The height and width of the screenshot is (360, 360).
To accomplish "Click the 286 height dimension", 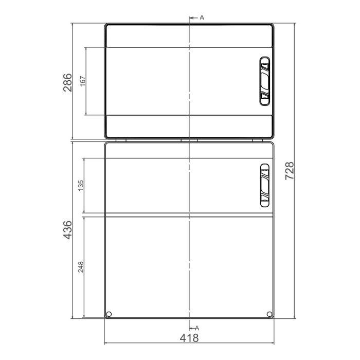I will coord(67,81).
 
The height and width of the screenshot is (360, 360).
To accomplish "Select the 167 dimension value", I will coord(83,81).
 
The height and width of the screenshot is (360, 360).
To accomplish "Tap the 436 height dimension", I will coord(67,229).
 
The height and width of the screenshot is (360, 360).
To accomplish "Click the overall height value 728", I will coord(289,170).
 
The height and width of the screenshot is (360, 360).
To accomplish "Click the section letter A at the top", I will coord(202,17).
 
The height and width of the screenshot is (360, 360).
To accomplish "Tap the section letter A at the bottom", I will coord(196,327).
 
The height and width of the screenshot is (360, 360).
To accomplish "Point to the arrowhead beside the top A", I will coord(191,18).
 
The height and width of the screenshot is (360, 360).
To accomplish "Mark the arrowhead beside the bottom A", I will coord(191,327).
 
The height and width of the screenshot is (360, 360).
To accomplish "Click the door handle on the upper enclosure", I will coord(264,81).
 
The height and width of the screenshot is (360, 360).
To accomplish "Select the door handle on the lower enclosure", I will coord(264,186).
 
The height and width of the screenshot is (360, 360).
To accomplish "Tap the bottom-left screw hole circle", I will coord(109,314).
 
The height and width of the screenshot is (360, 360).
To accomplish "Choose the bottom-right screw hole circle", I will coord(269,314).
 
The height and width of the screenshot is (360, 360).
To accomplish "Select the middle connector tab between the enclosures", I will coord(189,139).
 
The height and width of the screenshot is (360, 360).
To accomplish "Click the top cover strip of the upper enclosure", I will coord(189,36).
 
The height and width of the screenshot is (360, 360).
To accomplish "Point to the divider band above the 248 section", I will coord(189,214).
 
